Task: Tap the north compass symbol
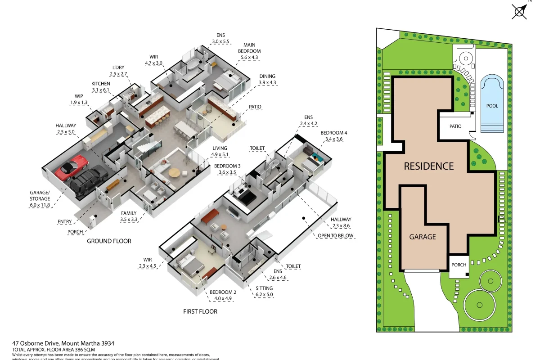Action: point(519,11)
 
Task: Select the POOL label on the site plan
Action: point(492,106)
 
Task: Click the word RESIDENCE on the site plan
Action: point(428,166)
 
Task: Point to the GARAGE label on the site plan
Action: point(422,237)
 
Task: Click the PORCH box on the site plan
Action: point(459,265)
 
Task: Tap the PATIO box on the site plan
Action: point(455,126)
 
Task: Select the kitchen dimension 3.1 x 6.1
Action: point(101,90)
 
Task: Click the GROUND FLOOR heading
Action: point(109,241)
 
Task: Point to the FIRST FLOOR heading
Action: point(200,311)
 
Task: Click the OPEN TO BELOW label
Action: point(336,236)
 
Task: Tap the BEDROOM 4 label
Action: point(333,133)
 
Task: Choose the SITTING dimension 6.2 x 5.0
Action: point(264,295)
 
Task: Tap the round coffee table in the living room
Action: point(174,172)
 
